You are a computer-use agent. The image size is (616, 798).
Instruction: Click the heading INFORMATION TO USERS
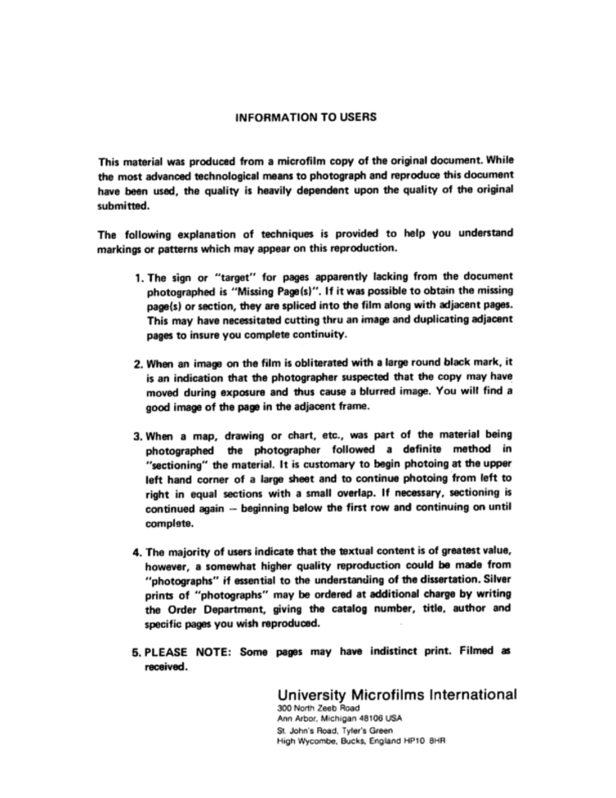click(306, 118)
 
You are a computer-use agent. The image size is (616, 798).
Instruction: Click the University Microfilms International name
click(398, 694)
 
